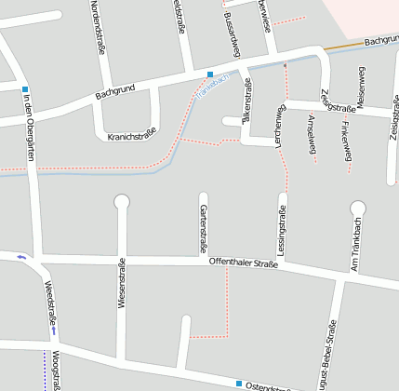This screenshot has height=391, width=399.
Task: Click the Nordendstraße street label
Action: tap(98, 27)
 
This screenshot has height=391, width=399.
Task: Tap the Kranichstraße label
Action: tap(131, 136)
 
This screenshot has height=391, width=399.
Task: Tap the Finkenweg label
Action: tap(347, 138)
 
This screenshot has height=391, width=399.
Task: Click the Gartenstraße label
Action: tap(202, 229)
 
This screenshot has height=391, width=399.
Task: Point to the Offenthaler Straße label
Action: tap(243, 263)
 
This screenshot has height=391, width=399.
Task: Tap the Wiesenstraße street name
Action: tap(121, 284)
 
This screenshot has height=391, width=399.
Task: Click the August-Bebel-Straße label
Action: tap(327, 354)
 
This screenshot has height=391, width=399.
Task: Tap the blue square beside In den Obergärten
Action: tap(24, 89)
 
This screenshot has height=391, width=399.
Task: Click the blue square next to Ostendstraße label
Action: tap(239, 384)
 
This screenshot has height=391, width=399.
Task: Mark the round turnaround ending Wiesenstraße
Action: tap(121, 201)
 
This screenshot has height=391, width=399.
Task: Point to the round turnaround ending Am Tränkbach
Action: tap(358, 208)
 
